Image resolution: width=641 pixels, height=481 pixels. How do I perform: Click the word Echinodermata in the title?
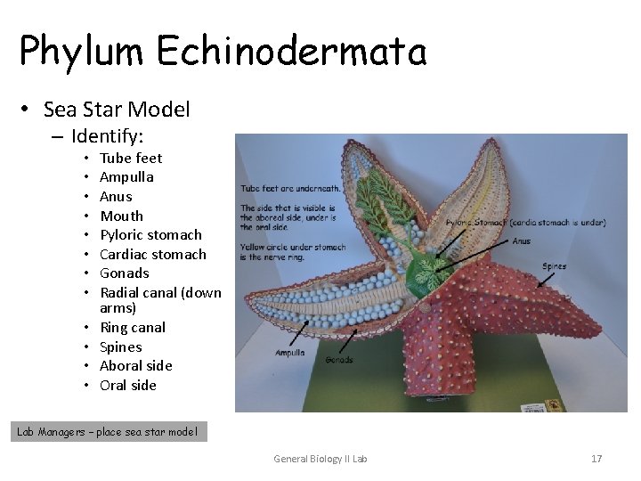click(x=292, y=51)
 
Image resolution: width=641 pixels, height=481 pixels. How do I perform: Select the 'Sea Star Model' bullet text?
click(x=117, y=110)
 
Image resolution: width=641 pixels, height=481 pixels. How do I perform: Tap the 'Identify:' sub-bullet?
click(x=107, y=136)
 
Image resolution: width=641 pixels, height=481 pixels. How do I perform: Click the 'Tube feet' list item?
click(x=131, y=158)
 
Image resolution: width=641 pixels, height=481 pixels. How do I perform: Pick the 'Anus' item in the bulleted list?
click(x=116, y=196)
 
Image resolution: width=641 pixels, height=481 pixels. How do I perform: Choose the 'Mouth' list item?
click(x=121, y=216)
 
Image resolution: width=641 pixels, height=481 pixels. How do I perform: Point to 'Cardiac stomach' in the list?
click(x=152, y=254)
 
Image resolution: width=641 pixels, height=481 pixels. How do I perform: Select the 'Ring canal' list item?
click(x=133, y=327)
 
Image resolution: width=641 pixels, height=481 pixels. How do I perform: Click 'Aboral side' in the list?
click(x=135, y=365)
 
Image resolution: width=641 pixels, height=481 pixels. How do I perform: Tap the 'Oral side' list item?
click(x=127, y=385)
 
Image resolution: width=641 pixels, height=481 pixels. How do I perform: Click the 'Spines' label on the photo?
click(x=554, y=265)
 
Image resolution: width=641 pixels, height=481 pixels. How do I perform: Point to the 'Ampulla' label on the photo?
click(x=290, y=353)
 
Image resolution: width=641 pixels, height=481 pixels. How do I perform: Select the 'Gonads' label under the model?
click(x=339, y=360)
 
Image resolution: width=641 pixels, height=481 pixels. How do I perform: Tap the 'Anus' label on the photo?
click(x=522, y=240)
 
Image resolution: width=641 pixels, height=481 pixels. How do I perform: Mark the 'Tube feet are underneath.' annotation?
click(x=290, y=188)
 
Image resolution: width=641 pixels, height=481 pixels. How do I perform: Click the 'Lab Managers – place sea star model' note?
click(x=107, y=432)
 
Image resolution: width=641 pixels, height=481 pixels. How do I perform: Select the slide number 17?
click(x=596, y=459)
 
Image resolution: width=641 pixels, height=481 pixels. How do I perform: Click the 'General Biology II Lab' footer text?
click(x=320, y=459)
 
